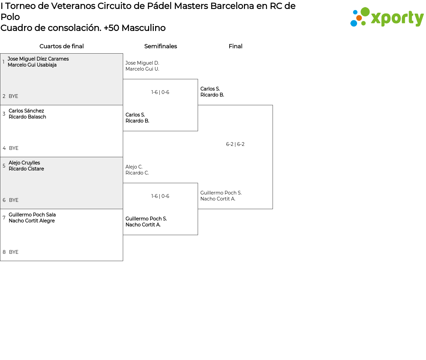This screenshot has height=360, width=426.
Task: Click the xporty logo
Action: click(x=387, y=17)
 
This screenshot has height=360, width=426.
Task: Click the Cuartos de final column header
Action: click(x=62, y=46)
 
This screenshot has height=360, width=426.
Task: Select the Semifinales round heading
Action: click(x=160, y=46)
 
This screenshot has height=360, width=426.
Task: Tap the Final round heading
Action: click(x=235, y=46)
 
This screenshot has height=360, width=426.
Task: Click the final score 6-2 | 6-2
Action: click(x=235, y=144)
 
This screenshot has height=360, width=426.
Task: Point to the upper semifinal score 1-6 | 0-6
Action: click(x=160, y=92)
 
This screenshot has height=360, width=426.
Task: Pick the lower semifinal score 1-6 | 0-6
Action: click(x=160, y=196)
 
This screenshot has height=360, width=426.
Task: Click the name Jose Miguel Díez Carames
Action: click(x=38, y=59)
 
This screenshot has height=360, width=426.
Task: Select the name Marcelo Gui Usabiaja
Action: click(x=32, y=65)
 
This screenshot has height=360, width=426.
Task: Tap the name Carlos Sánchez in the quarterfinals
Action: click(x=26, y=111)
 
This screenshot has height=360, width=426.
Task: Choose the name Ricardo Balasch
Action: click(x=27, y=117)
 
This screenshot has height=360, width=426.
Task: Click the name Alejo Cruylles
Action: click(x=24, y=163)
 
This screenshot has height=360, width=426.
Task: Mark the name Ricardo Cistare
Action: click(x=26, y=169)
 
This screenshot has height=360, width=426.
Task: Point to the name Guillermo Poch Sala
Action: click(x=32, y=214)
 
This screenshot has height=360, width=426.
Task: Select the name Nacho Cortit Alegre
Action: click(x=32, y=221)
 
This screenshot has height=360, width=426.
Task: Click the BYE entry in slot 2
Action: click(x=13, y=96)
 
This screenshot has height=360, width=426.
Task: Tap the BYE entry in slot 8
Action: click(x=14, y=252)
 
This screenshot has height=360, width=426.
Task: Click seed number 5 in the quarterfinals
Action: click(x=4, y=166)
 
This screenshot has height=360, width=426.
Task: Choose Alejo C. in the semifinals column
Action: click(x=134, y=167)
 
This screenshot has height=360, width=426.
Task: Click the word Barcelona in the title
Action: click(x=232, y=6)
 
